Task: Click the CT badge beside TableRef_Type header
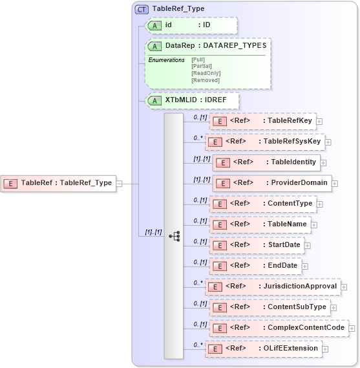141,9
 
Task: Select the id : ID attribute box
190,25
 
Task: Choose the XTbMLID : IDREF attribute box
193,101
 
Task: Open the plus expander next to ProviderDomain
335,183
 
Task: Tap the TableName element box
259,224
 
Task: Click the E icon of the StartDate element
219,246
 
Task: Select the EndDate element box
255,266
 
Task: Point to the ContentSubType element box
270,307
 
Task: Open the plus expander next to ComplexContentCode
352,328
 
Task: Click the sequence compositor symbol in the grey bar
174,236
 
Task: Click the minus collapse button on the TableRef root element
119,183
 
